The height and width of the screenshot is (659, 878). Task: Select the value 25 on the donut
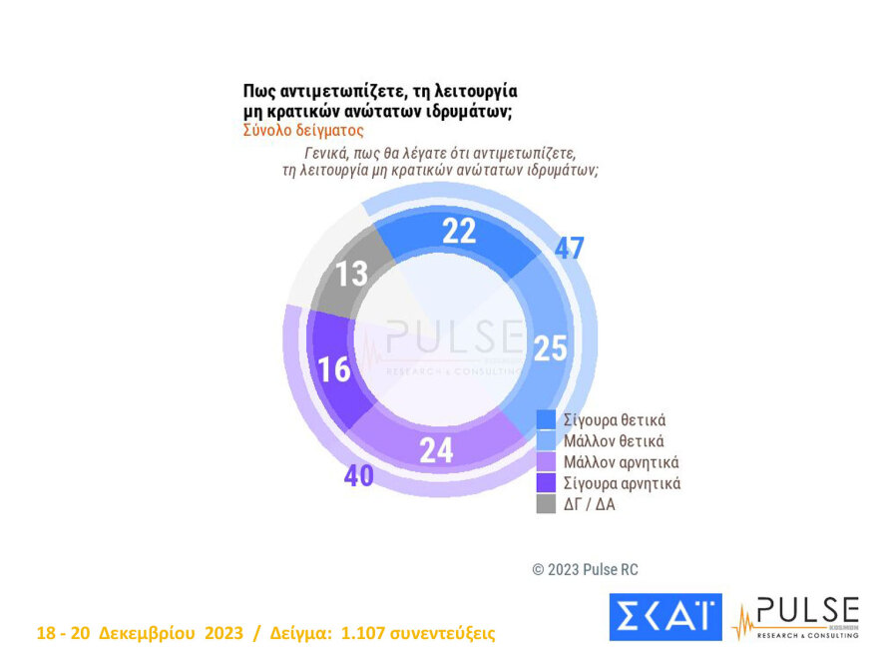[x=550, y=347]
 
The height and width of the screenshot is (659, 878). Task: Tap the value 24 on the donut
[x=436, y=450]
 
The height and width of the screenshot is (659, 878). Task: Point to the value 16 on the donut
[x=334, y=368]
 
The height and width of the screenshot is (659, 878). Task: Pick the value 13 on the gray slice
[x=351, y=273]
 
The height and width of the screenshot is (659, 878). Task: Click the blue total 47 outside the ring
[x=569, y=249]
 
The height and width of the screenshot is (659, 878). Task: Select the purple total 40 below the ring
[x=359, y=476]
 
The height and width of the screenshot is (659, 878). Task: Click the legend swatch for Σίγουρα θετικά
[x=546, y=418]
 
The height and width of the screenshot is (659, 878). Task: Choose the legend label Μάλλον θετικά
[x=614, y=440]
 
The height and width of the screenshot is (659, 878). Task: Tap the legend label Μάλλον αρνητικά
[x=621, y=462]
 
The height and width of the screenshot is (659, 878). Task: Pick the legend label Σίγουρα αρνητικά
[x=622, y=483]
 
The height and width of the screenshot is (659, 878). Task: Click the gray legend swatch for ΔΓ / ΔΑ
[x=546, y=504]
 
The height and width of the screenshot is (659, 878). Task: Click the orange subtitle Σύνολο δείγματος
[x=303, y=130]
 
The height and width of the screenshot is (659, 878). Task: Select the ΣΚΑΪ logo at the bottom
[x=664, y=617]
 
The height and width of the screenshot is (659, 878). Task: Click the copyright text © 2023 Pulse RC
[x=585, y=569]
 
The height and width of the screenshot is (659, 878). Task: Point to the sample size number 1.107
[x=368, y=634]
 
